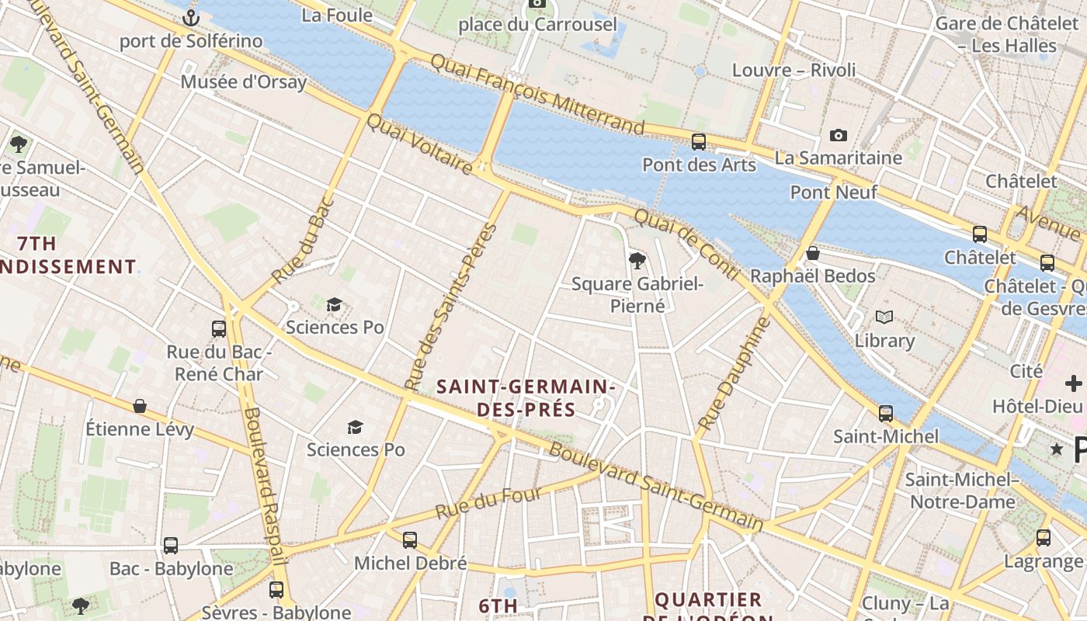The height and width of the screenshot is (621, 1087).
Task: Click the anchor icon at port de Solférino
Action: click(191, 17)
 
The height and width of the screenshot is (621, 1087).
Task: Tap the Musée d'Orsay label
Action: click(244, 82)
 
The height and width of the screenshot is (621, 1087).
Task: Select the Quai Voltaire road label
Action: click(418, 144)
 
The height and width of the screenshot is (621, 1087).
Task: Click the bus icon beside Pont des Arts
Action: click(699, 141)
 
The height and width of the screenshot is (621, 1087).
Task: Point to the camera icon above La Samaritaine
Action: click(839, 135)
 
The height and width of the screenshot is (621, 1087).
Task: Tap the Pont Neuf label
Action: click(834, 192)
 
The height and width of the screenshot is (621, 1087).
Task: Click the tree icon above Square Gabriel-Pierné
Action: click(637, 260)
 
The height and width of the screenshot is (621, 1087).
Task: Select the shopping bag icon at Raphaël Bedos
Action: click(813, 253)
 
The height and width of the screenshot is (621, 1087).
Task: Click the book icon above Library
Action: click(884, 317)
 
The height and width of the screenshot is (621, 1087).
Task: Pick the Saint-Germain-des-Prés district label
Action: click(526, 397)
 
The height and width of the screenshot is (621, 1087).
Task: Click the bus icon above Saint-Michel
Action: click(886, 413)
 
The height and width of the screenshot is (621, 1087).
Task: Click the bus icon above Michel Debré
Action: click(410, 539)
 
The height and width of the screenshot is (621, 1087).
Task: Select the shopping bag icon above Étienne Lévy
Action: click(140, 405)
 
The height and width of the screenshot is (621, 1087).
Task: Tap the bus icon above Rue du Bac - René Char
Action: click(219, 328)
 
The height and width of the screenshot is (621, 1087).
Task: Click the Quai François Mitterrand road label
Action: click(537, 94)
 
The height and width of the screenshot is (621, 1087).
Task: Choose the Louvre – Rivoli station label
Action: click(794, 70)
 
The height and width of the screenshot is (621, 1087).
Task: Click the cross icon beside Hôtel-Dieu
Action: click(1074, 383)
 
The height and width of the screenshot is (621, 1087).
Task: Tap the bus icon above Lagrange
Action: click(1044, 537)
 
